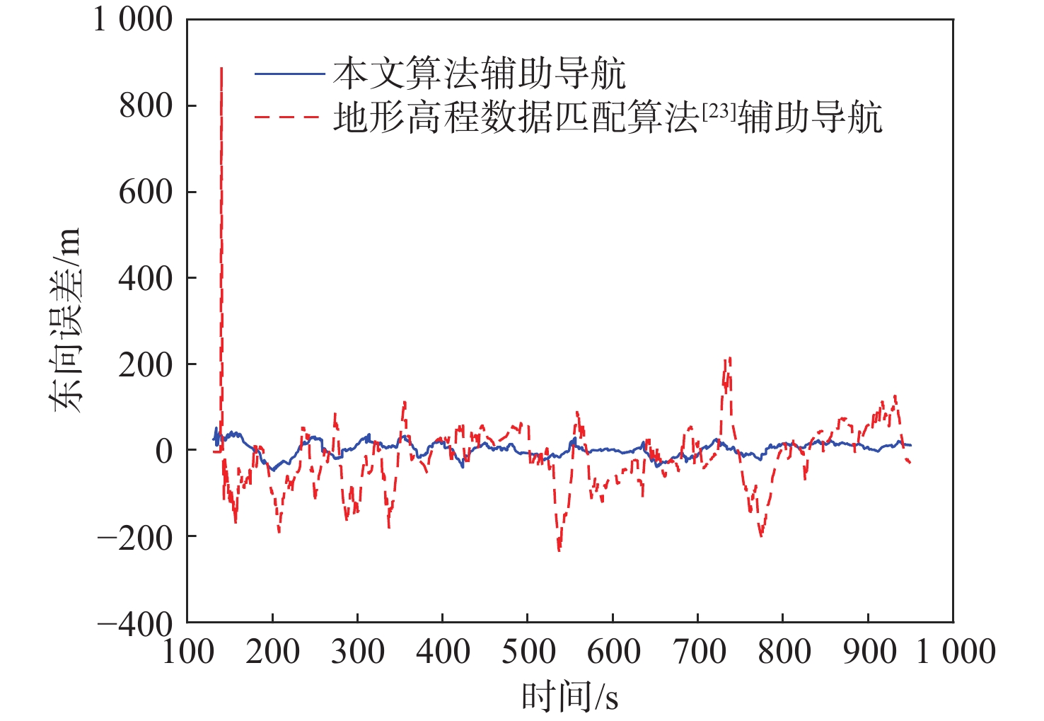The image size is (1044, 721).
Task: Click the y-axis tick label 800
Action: (x=146, y=106)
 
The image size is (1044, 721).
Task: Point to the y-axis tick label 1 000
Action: (x=133, y=20)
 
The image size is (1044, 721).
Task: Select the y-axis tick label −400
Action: (x=135, y=623)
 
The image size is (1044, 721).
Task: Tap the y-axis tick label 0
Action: (x=164, y=451)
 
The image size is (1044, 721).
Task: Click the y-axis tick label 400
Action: (x=146, y=279)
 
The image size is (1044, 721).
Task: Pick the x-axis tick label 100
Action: (x=187, y=652)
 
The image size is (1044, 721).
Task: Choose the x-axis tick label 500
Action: (x=528, y=652)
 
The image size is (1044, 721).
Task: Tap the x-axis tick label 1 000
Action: (x=956, y=652)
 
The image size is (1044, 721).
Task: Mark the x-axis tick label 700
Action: (x=698, y=652)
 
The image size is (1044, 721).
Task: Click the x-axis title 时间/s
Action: (x=570, y=697)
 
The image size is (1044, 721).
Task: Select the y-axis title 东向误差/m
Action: (x=65, y=320)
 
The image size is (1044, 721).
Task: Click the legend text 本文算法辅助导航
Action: (x=480, y=74)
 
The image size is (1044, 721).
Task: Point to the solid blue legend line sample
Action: (x=289, y=74)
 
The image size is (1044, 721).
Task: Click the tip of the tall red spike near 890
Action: (x=221, y=68)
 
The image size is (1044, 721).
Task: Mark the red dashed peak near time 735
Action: (x=726, y=359)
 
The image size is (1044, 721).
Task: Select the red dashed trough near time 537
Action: (x=559, y=550)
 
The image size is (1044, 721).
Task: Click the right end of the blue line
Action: (x=911, y=445)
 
